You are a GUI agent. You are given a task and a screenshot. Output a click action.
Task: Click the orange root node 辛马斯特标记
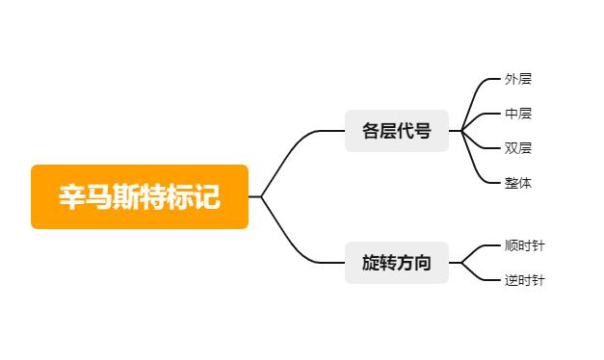coord(140,196)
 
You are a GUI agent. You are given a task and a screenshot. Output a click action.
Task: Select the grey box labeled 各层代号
coord(397,131)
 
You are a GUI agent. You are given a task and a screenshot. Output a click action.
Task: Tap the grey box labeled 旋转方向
coord(397,263)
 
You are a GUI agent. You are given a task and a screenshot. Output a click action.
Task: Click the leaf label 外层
coord(518,79)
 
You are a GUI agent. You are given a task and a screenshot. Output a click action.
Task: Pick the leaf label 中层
coord(518,114)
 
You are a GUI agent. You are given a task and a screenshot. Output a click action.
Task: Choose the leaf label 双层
coord(518,148)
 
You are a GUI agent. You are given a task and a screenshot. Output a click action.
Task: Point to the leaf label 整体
coord(518,183)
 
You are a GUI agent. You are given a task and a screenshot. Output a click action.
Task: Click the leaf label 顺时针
coord(525,245)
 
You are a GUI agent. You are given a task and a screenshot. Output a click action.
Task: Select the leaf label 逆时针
coord(525,280)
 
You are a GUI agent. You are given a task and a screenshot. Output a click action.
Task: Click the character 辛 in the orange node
coord(73,197)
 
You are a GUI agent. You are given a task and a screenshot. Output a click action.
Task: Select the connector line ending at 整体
coord(479,168)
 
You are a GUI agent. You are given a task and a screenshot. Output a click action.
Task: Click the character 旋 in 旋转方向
coord(372,263)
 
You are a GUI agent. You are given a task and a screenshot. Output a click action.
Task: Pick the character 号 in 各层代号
coord(423,131)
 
